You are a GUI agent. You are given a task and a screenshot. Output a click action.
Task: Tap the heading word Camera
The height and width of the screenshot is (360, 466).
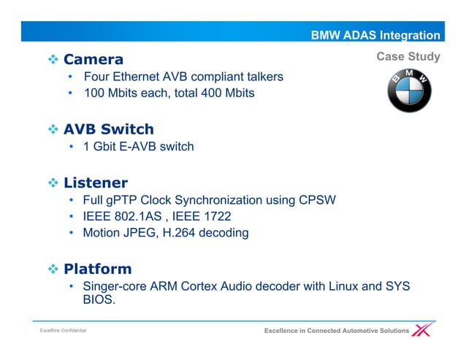(93, 59)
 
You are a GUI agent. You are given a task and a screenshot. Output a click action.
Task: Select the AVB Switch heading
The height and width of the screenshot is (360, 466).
(108, 129)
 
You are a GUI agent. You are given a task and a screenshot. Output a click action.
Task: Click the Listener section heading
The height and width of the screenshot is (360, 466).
(95, 183)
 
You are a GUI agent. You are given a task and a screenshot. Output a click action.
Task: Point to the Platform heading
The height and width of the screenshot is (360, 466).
(97, 269)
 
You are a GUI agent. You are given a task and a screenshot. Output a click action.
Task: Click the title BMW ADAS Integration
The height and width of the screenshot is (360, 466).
(375, 35)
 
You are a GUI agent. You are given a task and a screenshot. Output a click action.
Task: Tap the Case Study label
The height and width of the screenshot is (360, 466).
(408, 57)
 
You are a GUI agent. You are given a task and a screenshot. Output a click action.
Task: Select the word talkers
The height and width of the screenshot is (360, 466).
(261, 77)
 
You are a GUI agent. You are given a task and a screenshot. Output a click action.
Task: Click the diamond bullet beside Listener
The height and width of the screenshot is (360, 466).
(52, 183)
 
